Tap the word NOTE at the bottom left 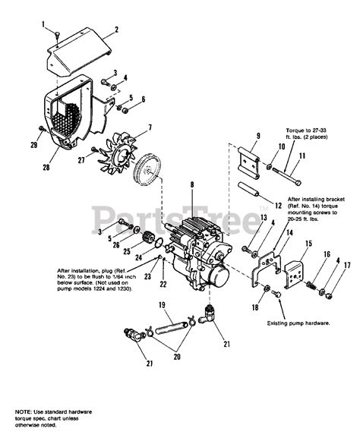click(x=24, y=411)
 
